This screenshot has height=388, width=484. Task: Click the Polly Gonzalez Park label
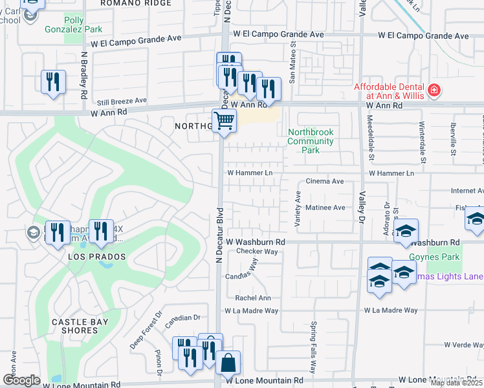coord(74,25)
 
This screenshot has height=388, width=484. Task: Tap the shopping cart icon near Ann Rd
coord(224,120)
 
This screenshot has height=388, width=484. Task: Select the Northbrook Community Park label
coord(311,141)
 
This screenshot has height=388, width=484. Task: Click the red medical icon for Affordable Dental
coord(433,90)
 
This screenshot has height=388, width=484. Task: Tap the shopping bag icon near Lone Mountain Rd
coord(228,363)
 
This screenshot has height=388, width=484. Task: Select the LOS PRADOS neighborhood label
coord(96,257)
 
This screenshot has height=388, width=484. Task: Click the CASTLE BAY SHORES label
coord(75,325)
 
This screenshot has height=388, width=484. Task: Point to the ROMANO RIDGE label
coord(137,3)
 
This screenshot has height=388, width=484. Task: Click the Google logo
coord(21,380)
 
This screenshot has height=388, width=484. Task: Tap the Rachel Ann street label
coord(253,298)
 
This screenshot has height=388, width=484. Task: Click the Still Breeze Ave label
coord(122,102)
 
